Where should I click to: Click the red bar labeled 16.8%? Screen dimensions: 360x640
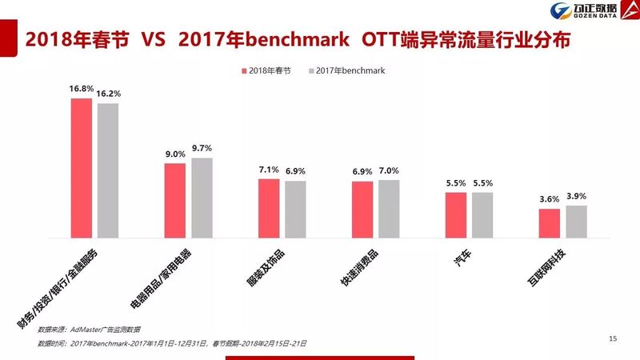(82, 168)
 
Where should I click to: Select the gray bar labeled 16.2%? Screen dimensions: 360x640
(108, 170)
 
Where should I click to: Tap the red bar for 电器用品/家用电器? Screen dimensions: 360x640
(175, 200)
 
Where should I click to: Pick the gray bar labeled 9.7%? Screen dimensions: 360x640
(202, 198)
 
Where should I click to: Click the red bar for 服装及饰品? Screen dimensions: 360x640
(269, 208)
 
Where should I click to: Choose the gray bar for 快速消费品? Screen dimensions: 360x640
(389, 209)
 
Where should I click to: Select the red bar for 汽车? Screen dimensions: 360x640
(456, 214)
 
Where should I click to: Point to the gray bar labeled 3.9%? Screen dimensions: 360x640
(576, 222)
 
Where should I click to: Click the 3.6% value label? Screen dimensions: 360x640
(549, 199)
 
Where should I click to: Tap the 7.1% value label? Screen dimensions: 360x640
(269, 170)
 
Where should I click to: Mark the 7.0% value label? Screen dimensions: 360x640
(389, 170)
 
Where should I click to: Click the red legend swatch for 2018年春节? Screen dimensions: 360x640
(244, 71)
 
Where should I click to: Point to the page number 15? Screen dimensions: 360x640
(613, 340)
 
